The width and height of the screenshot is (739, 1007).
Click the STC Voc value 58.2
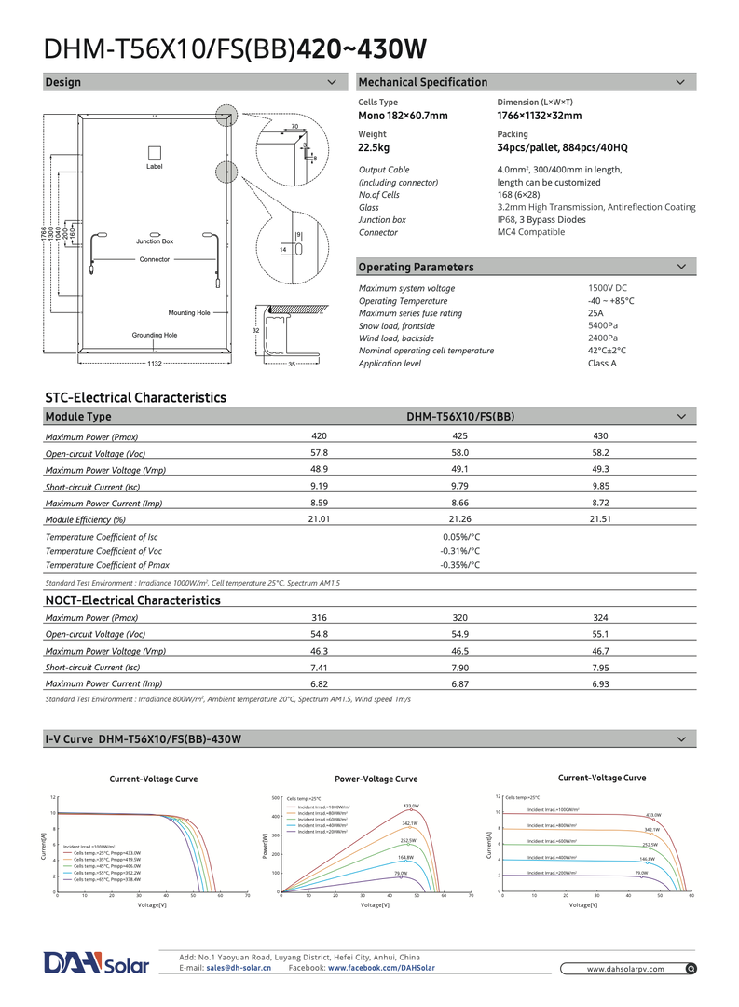click(600, 452)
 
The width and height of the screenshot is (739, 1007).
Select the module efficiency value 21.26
click(459, 518)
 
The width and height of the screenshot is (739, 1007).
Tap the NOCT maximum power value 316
click(319, 617)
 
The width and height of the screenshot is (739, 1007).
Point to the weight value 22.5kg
click(374, 147)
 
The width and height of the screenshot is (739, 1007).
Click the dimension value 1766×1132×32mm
click(540, 116)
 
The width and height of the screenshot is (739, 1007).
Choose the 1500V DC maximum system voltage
click(608, 289)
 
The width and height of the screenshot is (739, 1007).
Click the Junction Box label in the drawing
click(155, 241)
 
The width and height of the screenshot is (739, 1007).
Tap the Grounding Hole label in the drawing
click(155, 335)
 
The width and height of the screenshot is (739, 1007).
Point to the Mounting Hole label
click(189, 313)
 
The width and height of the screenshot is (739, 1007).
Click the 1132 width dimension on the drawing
click(155, 363)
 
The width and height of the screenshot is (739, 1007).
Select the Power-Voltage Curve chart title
click(376, 779)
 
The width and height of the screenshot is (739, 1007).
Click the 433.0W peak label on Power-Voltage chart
click(411, 806)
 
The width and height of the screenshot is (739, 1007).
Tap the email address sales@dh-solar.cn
click(239, 969)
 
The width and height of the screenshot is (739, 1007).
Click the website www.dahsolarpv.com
click(625, 969)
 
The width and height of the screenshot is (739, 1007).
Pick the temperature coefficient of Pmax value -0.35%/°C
click(459, 565)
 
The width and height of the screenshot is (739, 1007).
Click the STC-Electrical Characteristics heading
click(136, 398)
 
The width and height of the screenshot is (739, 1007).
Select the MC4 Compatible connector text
click(531, 232)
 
